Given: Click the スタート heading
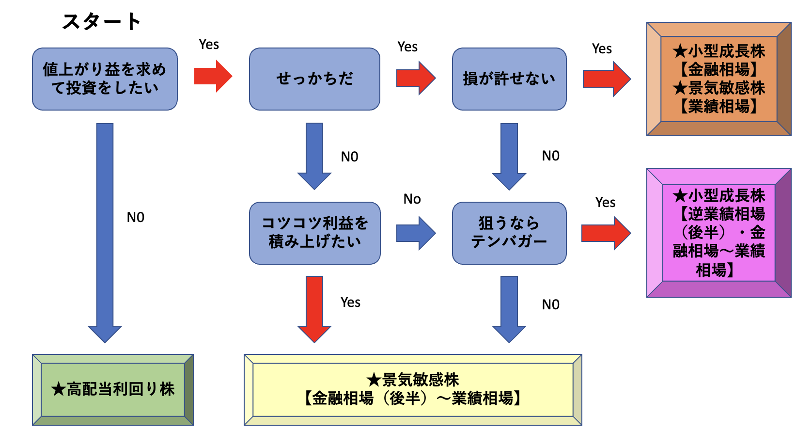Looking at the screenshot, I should [x=101, y=21].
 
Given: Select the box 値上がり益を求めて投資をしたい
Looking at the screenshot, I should [x=105, y=79].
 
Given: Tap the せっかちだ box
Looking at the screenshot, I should [x=314, y=79].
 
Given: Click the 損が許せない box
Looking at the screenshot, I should [x=509, y=79].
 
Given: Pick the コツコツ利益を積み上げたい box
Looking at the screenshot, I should [x=314, y=233].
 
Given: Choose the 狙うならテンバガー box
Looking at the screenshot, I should [x=509, y=233].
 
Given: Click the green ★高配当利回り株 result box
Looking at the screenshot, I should [x=113, y=389].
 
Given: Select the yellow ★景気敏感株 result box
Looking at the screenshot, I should [x=413, y=389].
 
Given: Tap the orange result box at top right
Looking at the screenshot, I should [x=718, y=79].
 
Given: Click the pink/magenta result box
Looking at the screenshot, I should [x=718, y=233].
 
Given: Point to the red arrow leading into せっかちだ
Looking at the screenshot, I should [x=213, y=76].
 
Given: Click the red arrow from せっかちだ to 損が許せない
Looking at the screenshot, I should [x=416, y=78].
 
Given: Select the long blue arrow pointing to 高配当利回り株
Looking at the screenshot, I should [x=105, y=228].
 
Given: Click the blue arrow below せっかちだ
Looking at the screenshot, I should [x=314, y=155].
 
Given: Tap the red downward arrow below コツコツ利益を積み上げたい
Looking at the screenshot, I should [x=314, y=308].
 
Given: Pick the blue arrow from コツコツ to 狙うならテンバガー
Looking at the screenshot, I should [x=416, y=233].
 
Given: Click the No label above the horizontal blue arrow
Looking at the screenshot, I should [x=412, y=199].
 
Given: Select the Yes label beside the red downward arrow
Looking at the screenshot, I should [x=350, y=303].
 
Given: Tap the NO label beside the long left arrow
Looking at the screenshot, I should [x=136, y=218].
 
